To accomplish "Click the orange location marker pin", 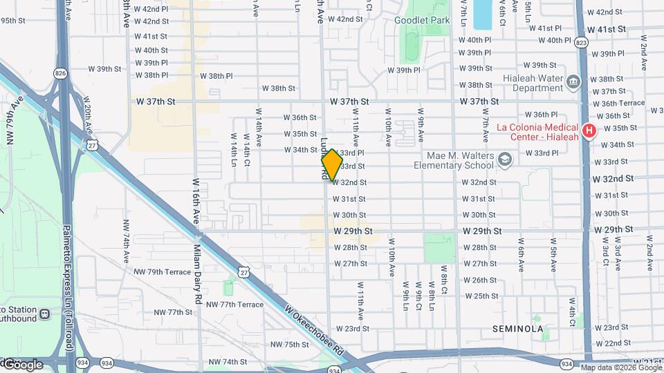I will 332,165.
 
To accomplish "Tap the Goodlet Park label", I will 422,20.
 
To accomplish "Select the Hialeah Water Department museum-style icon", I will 573,83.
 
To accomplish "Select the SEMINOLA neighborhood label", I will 517,329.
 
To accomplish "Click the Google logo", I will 23,364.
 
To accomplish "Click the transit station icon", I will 44,314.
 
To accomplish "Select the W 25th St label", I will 480,296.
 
